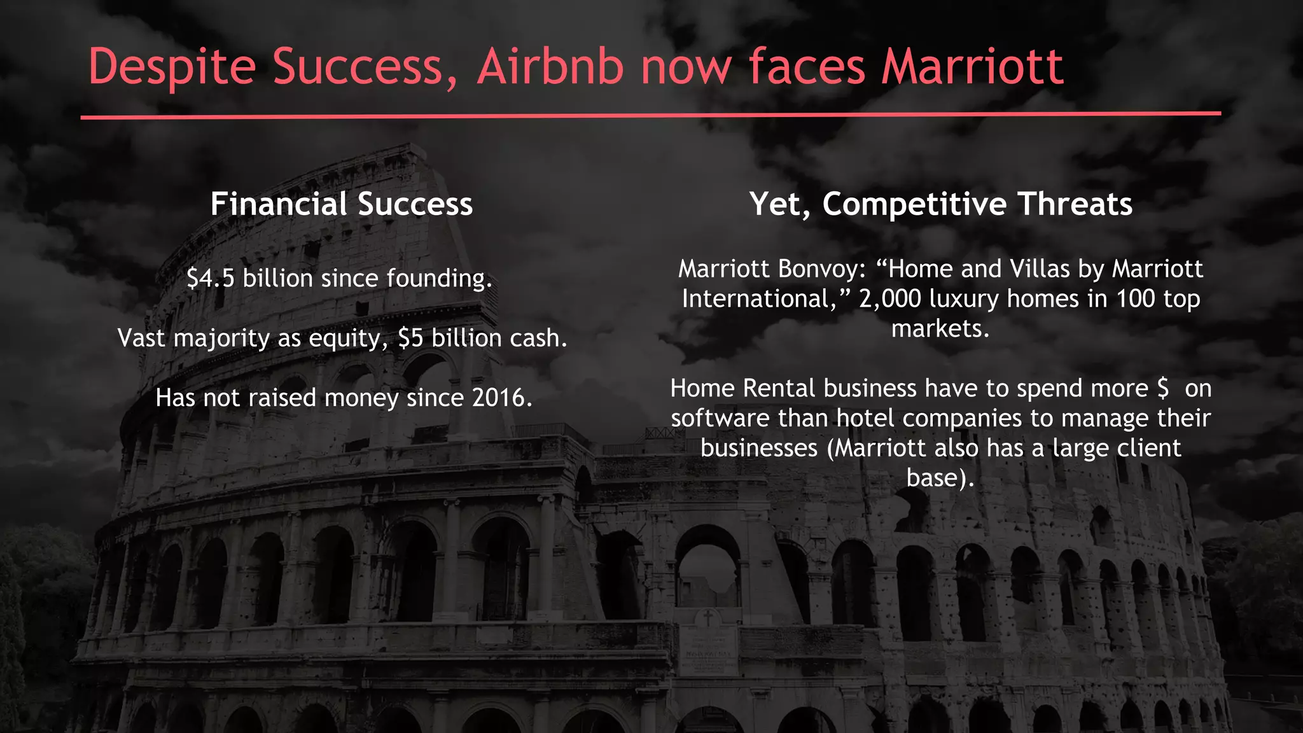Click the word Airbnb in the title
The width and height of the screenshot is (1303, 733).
pyautogui.click(x=550, y=66)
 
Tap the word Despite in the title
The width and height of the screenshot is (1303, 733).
pyautogui.click(x=172, y=67)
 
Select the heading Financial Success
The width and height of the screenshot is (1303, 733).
pyautogui.click(x=342, y=204)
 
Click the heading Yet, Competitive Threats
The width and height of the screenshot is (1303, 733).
pyautogui.click(x=940, y=204)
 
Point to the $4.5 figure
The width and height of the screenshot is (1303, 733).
pyautogui.click(x=211, y=279)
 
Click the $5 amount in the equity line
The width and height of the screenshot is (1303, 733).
pyautogui.click(x=410, y=339)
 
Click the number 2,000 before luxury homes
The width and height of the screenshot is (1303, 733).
pyautogui.click(x=889, y=299)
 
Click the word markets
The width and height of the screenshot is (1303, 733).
pyautogui.click(x=940, y=329)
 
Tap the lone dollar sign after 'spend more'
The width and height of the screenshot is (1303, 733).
pyautogui.click(x=1162, y=389)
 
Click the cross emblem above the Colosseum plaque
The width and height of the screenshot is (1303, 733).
pyautogui.click(x=707, y=617)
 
